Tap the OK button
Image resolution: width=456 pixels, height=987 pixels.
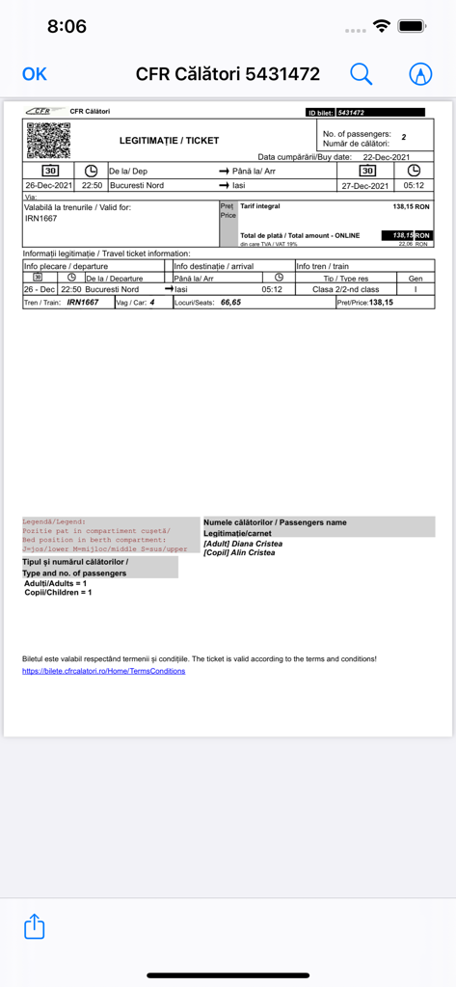pos(35,74)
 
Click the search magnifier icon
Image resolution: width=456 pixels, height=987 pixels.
pos(361,74)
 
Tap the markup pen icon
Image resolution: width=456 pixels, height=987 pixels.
pos(420,74)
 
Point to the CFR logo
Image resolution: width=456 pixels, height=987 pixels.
pos(40,112)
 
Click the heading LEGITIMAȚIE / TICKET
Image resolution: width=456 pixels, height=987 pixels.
pos(169,141)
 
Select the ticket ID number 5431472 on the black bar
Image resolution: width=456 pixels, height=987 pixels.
pos(350,113)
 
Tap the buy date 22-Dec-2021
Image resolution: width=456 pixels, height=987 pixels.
pos(386,157)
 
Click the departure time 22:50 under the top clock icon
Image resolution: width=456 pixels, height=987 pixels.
pos(92,185)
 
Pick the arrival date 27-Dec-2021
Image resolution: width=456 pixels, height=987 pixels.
pos(366,185)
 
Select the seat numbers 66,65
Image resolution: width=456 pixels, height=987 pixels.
pos(229,303)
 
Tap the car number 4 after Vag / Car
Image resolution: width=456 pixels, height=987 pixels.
pos(151,303)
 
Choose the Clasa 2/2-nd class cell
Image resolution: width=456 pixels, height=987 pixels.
pos(346,289)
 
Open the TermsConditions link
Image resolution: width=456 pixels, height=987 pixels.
pos(103,671)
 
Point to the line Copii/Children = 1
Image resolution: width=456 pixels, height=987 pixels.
pos(58,593)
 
